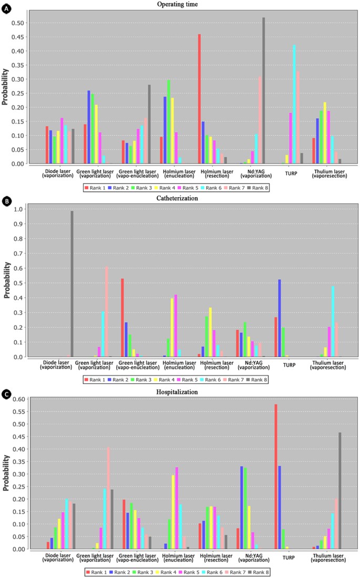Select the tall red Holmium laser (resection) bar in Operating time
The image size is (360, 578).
pyautogui.click(x=200, y=99)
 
